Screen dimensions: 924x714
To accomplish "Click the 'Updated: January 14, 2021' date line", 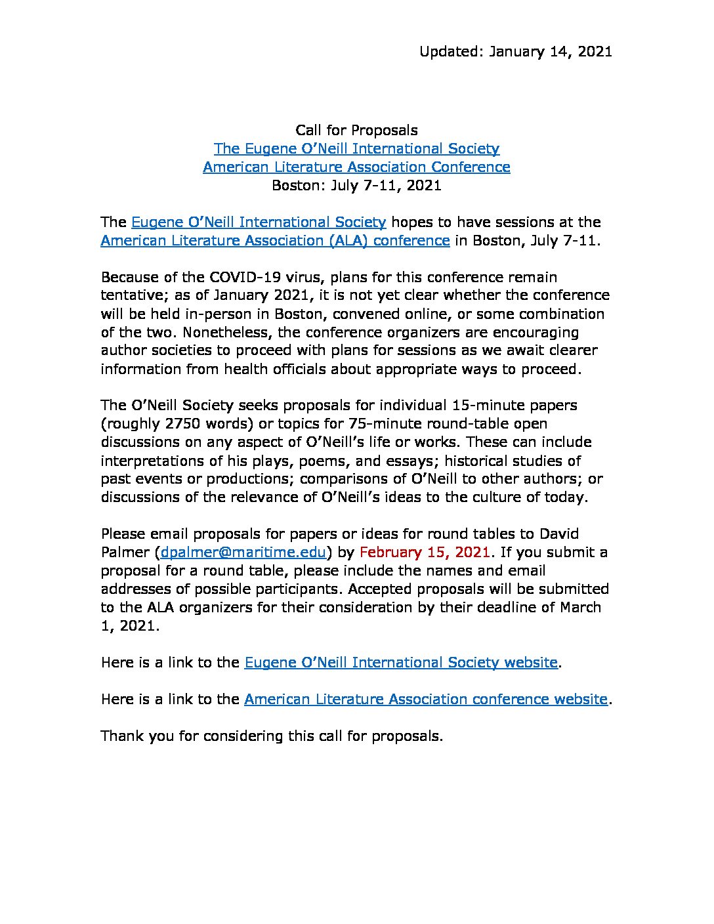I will pos(515,52).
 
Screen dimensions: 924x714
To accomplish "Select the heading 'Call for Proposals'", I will pos(356,130).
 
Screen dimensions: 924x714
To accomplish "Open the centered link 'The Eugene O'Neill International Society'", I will pos(356,149).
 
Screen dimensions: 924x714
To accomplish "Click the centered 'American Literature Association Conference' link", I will pos(356,167).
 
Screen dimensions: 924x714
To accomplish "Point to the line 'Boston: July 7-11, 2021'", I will pos(356,186).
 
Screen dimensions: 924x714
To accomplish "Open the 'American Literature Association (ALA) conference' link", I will pos(275,241).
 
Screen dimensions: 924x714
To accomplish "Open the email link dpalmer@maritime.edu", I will pos(243,553).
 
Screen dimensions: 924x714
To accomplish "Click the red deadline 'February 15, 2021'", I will pos(425,553).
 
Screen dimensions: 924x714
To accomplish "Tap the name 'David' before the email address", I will pos(558,534).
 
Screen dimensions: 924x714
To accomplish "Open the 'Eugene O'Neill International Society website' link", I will pos(400,663).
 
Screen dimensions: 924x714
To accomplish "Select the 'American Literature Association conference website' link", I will pos(425,700).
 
